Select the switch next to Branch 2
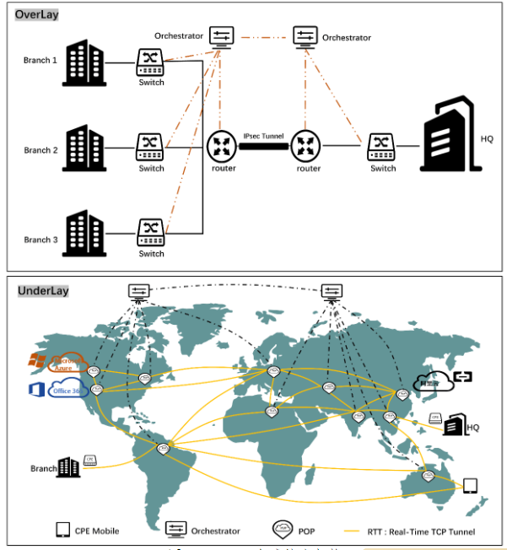click(151, 147)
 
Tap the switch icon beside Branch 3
click(151, 231)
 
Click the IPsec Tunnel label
click(263, 136)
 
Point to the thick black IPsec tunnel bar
click(263, 146)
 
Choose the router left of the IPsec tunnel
click(221, 146)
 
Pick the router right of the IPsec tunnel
click(306, 146)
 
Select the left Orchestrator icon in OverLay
click(222, 36)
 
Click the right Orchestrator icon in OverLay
click(305, 36)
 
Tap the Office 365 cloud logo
click(59, 390)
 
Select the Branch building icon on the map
click(68, 466)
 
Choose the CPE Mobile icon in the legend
click(62, 530)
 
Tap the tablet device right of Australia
click(470, 486)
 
